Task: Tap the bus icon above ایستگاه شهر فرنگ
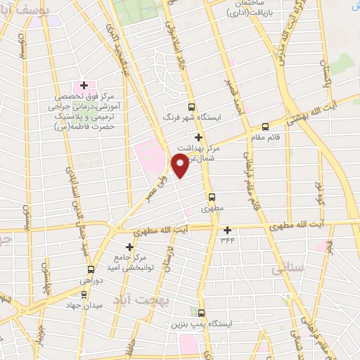pos(191,108)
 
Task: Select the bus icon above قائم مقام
pos(265,127)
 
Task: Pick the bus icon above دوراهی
pos(91,269)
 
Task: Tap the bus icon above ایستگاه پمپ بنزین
pos(202,313)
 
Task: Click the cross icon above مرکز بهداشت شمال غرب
pos(199,137)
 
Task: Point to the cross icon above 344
pos(227,230)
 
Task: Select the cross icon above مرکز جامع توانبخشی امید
pos(129,247)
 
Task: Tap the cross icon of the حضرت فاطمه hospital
pos(84,85)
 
